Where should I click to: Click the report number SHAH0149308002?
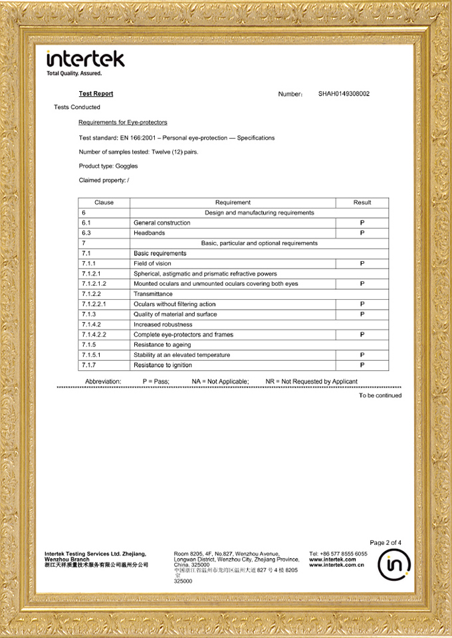click(344, 94)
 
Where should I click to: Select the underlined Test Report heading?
click(96, 94)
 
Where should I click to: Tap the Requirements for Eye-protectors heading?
click(122, 122)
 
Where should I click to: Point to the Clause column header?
click(104, 203)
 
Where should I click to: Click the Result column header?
click(362, 203)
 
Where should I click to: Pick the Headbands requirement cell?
click(150, 233)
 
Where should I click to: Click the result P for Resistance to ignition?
click(362, 365)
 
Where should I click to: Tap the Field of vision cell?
click(152, 264)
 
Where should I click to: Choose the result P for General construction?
click(362, 223)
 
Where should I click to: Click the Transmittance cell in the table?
click(153, 294)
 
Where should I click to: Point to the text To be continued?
click(380, 395)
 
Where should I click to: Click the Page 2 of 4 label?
click(386, 543)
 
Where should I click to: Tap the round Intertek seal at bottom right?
click(394, 566)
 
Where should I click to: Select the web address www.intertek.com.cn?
click(336, 566)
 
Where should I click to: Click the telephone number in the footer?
click(338, 554)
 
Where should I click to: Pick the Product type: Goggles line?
click(108, 166)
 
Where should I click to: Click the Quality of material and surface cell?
click(175, 314)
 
